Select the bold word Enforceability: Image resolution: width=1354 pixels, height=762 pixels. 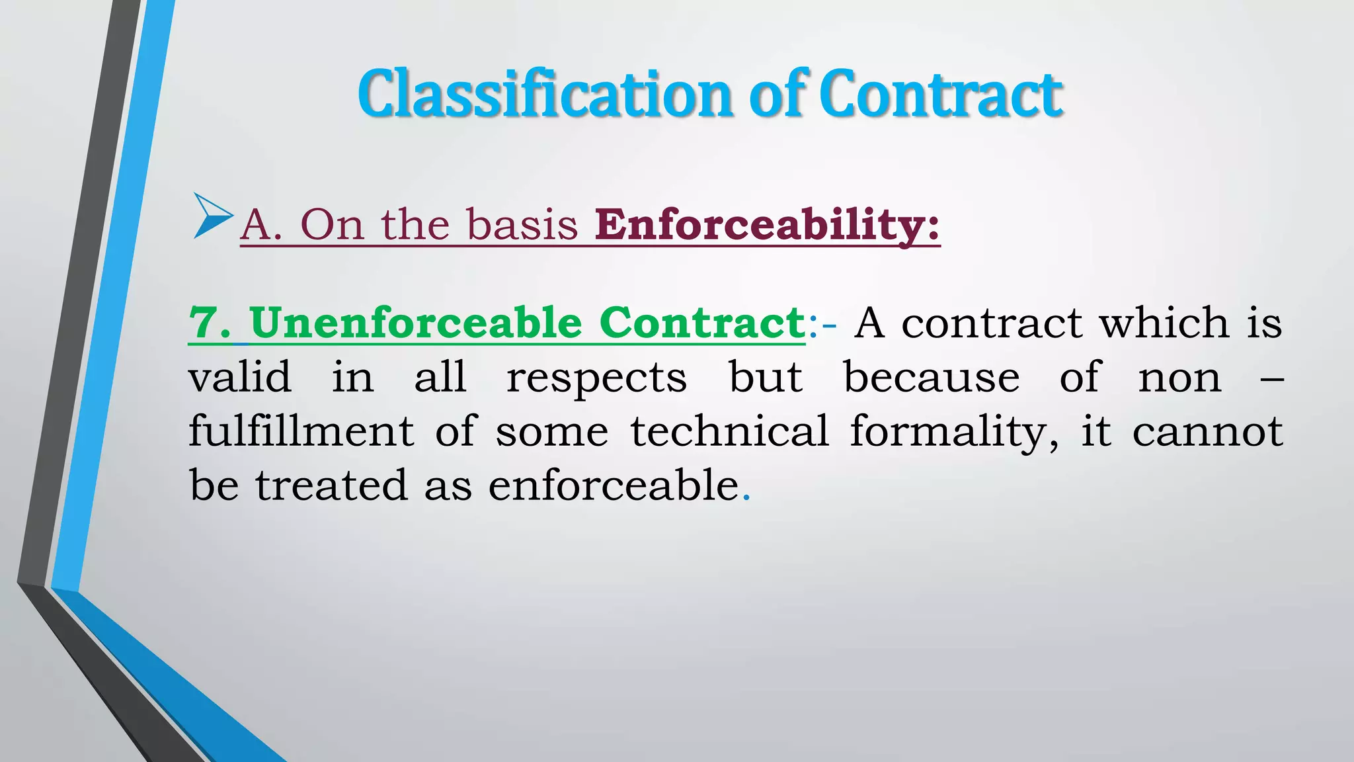767,225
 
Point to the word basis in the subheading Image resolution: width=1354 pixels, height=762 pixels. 522,225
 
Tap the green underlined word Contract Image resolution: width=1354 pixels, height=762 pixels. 701,323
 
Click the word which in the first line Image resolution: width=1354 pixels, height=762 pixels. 1163,323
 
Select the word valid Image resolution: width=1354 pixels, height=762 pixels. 239,378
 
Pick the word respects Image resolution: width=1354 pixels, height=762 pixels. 596,378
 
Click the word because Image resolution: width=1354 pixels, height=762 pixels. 932,378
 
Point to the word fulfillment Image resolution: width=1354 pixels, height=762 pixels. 301,431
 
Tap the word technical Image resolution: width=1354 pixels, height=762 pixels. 729,431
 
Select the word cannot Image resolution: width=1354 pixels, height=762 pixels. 1207,431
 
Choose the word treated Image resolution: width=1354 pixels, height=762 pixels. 331,486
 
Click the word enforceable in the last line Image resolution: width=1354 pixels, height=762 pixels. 613,486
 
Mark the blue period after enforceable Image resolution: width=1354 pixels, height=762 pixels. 747,498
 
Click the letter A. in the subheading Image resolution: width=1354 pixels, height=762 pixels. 261,225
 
